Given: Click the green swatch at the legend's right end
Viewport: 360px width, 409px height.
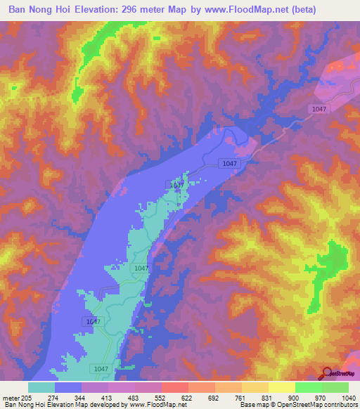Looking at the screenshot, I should (x=335, y=387).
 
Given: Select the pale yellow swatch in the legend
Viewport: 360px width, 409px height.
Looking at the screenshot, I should (x=281, y=387).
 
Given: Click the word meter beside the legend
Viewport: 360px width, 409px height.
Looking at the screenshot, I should (x=10, y=397).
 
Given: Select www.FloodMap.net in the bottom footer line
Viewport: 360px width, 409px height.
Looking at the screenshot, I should (x=154, y=405).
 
